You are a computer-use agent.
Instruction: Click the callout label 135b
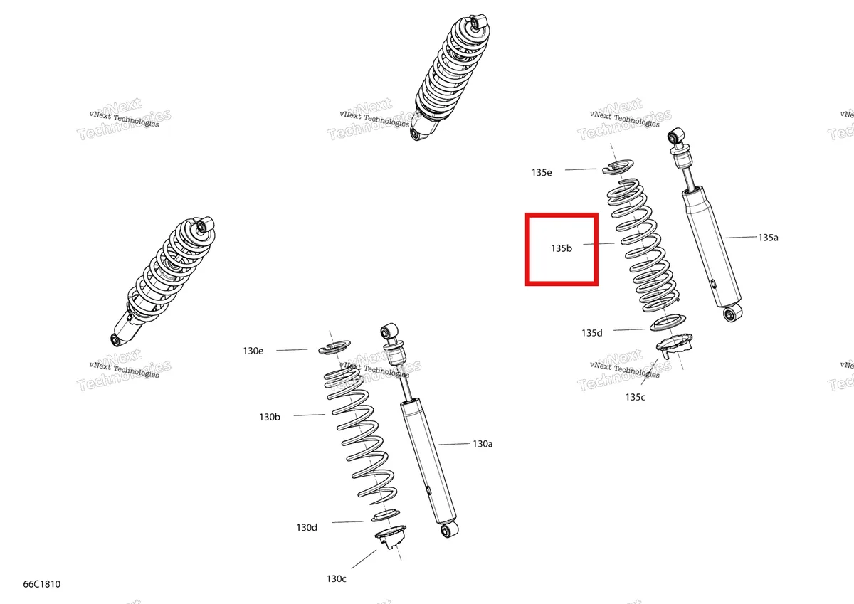pyautogui.click(x=562, y=248)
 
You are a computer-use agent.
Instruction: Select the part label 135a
pyautogui.click(x=768, y=238)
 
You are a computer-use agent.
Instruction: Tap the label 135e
pyautogui.click(x=542, y=173)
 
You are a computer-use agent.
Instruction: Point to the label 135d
pyautogui.click(x=591, y=333)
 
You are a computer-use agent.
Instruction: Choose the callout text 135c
pyautogui.click(x=635, y=397)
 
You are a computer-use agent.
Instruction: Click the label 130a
pyautogui.click(x=483, y=444)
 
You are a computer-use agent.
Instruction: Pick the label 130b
pyautogui.click(x=270, y=418)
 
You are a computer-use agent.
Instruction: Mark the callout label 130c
pyautogui.click(x=336, y=579)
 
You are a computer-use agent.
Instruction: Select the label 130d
pyautogui.click(x=307, y=528)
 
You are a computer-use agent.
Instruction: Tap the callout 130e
pyautogui.click(x=253, y=351)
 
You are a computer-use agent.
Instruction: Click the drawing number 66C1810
pyautogui.click(x=42, y=584)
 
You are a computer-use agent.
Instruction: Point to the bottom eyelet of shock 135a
pyautogui.click(x=732, y=313)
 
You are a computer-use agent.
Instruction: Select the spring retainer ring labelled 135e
pyautogui.click(x=618, y=167)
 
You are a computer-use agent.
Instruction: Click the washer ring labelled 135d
pyautogui.click(x=668, y=322)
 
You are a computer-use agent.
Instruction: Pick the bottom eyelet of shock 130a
pyautogui.click(x=449, y=530)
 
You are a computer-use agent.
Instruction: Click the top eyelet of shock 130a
pyautogui.click(x=389, y=332)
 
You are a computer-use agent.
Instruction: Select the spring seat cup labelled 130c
pyautogui.click(x=391, y=536)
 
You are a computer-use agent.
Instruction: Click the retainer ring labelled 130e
pyautogui.click(x=334, y=347)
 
